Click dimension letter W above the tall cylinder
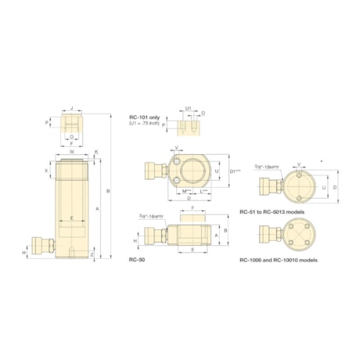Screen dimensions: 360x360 [x=71, y=153]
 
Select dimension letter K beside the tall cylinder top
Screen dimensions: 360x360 [x=97, y=152]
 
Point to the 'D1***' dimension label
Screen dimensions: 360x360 [x=232, y=172]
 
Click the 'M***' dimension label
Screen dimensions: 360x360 [x=185, y=191]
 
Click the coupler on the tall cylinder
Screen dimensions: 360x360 [x=37, y=243]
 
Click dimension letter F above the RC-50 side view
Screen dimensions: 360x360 [x=193, y=210]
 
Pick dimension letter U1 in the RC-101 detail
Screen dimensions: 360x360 [x=189, y=109]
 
